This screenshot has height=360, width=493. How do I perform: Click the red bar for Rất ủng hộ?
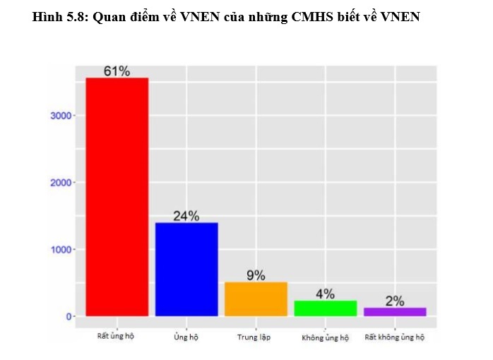point(117,197)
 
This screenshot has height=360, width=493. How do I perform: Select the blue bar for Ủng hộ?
point(186,269)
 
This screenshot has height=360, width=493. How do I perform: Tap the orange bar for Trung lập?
point(256,299)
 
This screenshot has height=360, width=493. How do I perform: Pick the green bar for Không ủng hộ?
point(325,308)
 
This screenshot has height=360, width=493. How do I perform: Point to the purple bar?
point(395,311)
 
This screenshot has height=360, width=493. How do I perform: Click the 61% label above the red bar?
point(117,71)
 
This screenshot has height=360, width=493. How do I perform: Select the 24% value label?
point(186,216)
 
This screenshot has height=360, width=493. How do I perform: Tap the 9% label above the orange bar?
point(256,275)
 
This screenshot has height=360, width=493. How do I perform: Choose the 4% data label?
point(325,294)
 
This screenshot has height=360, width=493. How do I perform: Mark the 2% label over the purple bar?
point(395,301)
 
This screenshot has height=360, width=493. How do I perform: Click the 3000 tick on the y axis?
point(60,116)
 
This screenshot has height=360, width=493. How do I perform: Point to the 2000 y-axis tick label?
point(60,183)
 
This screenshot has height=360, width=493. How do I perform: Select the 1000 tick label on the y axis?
point(60,249)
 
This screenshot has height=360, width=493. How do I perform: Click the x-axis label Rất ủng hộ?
point(116,336)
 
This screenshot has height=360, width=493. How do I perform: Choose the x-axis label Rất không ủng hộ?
point(395,337)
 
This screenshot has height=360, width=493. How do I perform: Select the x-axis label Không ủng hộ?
point(325,337)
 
